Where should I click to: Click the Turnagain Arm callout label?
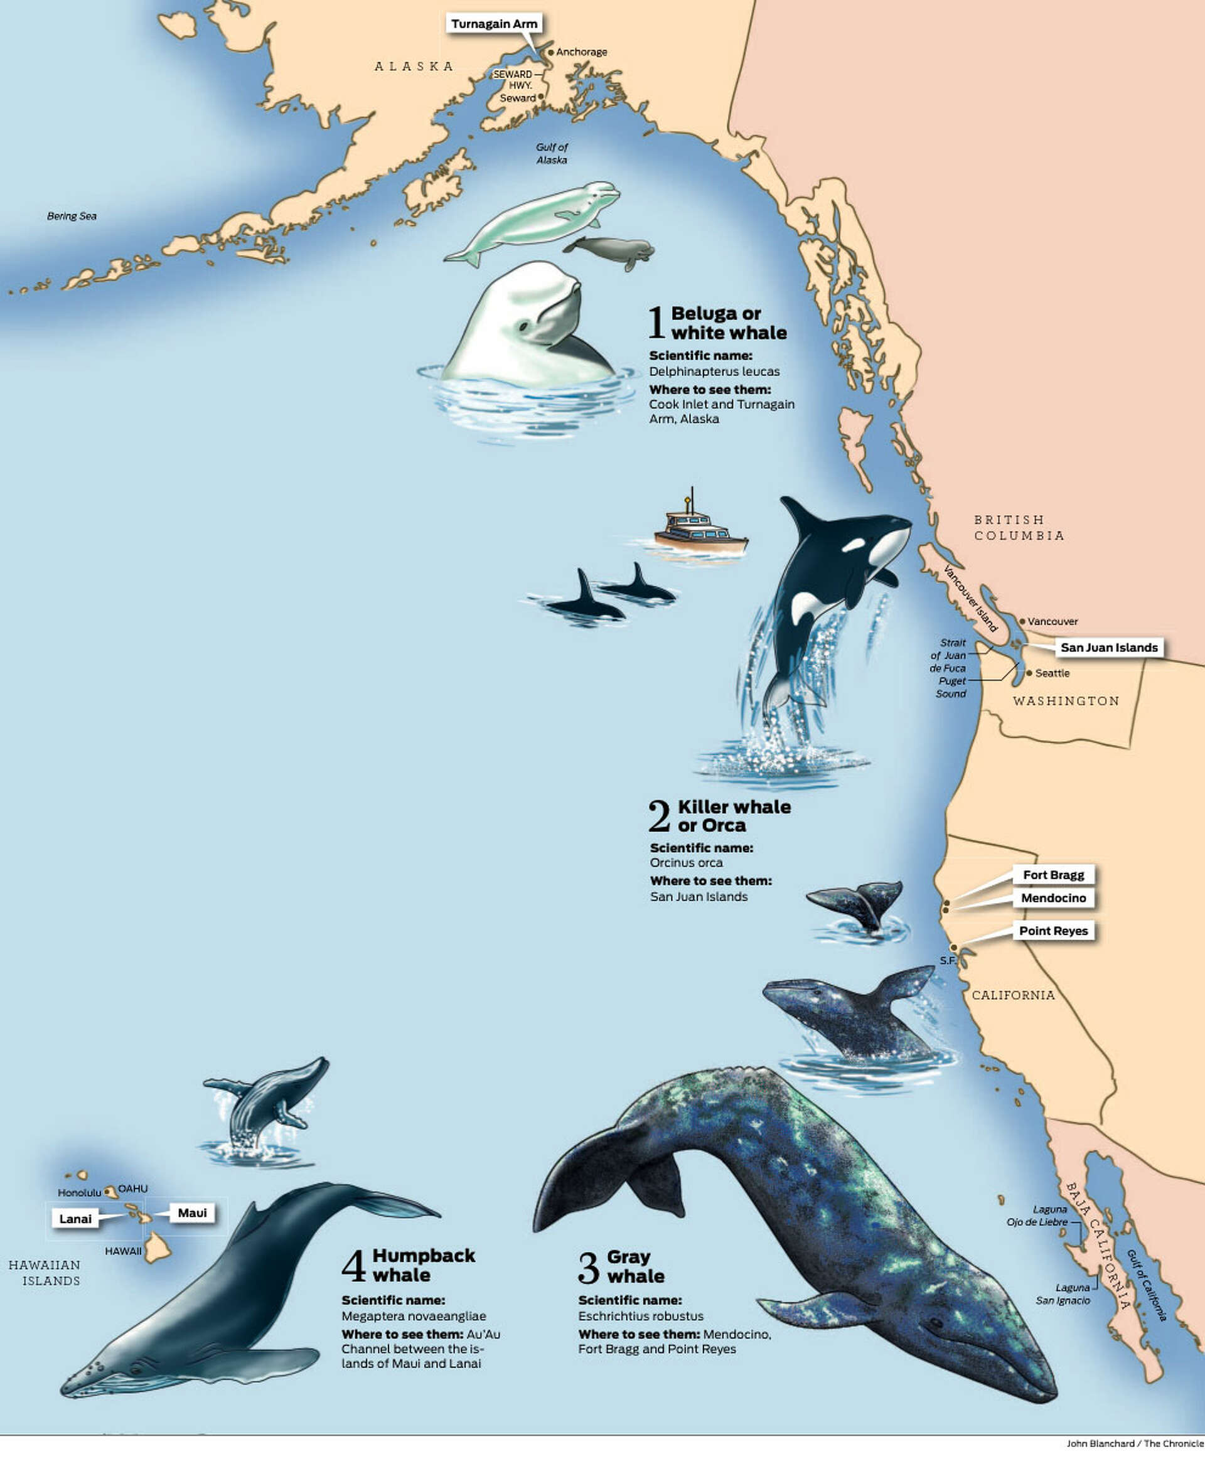point(493,24)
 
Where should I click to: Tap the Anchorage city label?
point(581,52)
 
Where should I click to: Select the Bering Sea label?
point(72,216)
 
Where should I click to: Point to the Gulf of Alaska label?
point(552,153)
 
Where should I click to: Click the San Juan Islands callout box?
point(1108,648)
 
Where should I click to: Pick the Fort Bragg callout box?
point(1053,875)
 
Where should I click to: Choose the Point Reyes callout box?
point(1053,931)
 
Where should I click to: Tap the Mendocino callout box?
point(1053,898)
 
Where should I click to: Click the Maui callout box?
point(192,1212)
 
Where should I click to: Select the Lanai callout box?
point(75,1219)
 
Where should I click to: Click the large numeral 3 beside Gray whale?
point(588,1268)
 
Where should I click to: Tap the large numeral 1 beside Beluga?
point(656,323)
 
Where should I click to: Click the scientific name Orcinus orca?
point(686,863)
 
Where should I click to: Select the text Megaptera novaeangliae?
point(413,1316)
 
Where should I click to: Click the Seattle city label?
point(1052,673)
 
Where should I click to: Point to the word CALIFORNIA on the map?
point(1013,995)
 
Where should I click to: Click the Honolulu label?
point(79,1192)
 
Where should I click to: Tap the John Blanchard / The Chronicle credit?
point(1134,1444)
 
